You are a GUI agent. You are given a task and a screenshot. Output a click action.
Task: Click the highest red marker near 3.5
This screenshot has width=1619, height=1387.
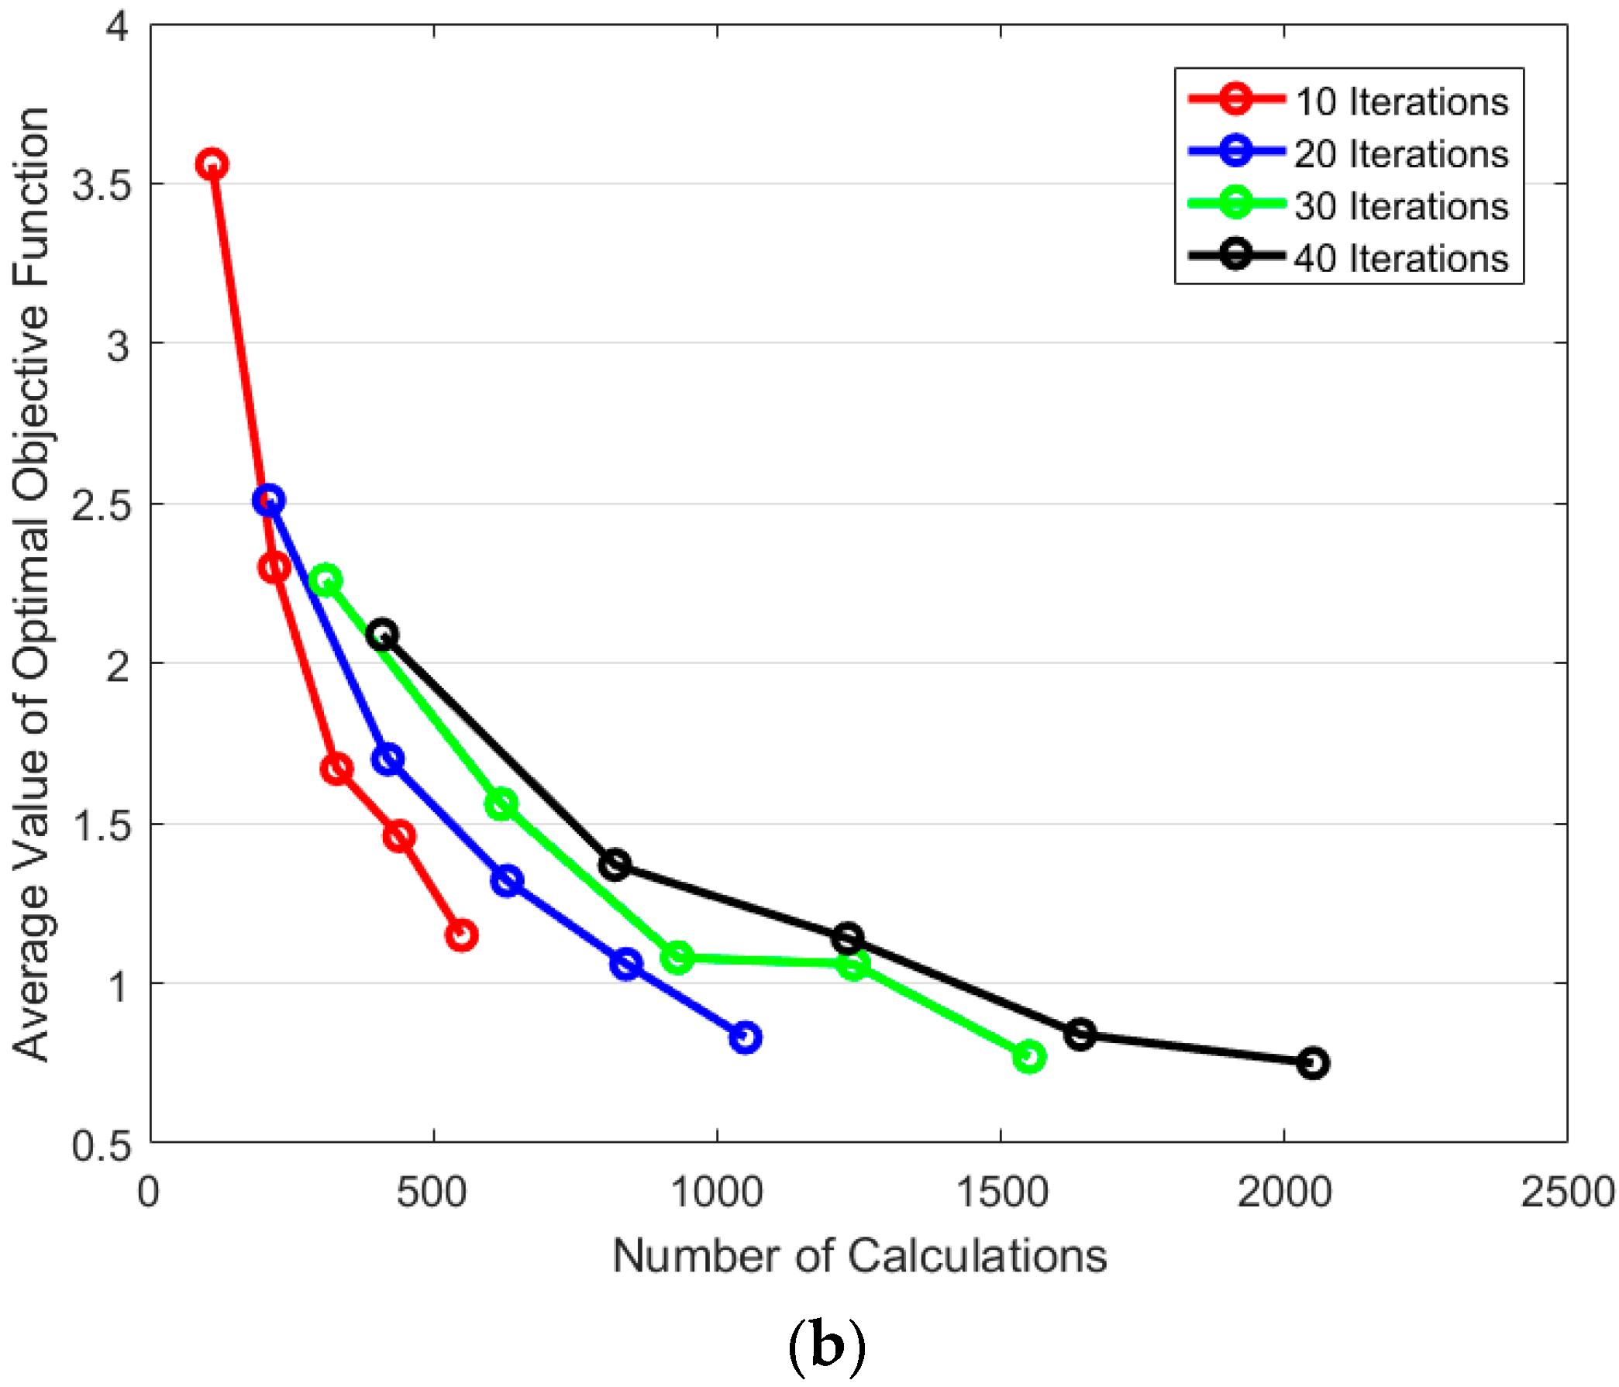pos(212,164)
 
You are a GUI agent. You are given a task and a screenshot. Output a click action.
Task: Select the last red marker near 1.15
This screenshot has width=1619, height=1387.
pos(461,934)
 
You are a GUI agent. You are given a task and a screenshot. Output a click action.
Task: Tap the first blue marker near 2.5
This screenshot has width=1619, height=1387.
pos(268,499)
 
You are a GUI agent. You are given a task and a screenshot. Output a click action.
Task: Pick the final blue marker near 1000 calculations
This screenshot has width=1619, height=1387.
pos(746,1037)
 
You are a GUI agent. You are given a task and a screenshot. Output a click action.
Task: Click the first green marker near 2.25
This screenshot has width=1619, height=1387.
pos(325,580)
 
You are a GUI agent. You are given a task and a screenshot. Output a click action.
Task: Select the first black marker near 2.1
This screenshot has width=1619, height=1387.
pos(382,634)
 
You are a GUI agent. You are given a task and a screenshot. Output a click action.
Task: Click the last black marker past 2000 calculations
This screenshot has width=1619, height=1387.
pos(1314,1062)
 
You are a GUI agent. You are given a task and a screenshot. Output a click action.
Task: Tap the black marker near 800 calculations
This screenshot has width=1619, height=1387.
pos(615,864)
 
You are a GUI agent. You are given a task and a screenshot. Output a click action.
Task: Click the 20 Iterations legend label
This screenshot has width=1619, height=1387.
pos(1401,154)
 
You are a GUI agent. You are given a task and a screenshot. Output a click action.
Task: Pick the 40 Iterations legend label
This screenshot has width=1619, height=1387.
pos(1401,259)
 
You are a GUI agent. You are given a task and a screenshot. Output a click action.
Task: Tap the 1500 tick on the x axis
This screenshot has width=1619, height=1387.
pos(1002,1193)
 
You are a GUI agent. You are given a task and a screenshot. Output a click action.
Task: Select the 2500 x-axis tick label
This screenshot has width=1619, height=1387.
pos(1567,1193)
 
